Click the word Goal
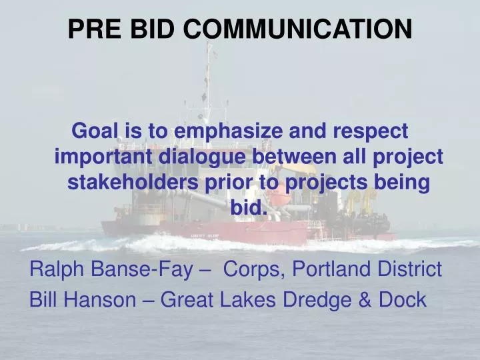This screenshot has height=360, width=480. click(94, 131)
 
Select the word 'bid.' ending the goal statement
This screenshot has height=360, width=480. click(249, 208)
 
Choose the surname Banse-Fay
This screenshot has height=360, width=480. click(141, 270)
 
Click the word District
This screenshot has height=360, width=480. click(413, 270)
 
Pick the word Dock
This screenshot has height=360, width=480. click(402, 300)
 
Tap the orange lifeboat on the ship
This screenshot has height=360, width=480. click(279, 199)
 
